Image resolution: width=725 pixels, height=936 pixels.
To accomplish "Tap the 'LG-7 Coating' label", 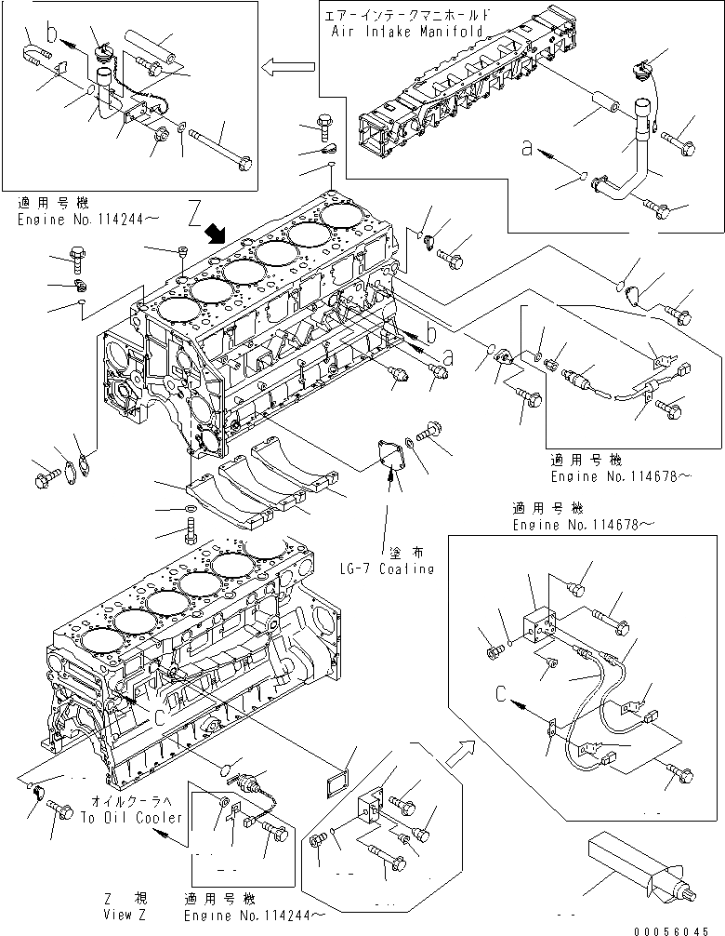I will point(388,568).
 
